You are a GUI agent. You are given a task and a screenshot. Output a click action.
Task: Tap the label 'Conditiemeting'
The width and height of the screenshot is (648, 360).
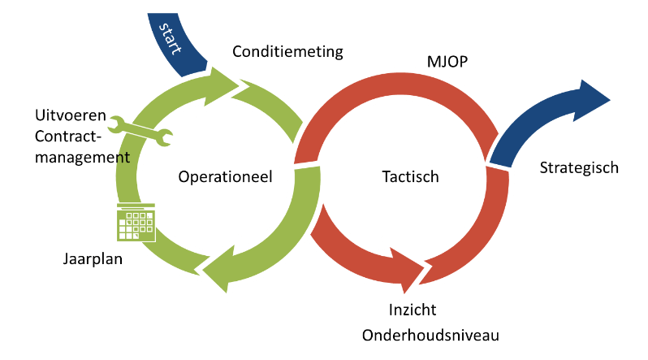pos(288,52)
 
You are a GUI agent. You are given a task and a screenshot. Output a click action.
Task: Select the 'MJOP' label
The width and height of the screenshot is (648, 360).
pos(446,62)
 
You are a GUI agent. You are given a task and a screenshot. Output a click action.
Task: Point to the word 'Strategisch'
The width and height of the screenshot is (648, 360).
pos(579,168)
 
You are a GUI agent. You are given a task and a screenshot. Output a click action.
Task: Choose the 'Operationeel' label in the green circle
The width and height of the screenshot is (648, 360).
pos(225,176)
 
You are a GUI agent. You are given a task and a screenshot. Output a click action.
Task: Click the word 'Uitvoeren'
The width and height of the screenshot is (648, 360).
pos(66,114)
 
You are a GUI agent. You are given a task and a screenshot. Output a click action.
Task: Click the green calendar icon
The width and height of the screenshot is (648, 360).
pos(136,223)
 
